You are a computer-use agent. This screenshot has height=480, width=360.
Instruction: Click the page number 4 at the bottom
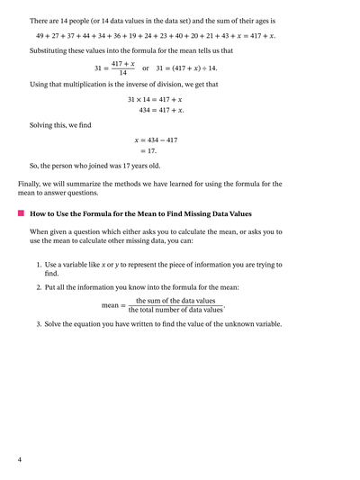[19, 460]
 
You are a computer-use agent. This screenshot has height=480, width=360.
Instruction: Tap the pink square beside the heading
[20, 213]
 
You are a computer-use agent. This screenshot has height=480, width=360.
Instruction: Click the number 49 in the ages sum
[40, 36]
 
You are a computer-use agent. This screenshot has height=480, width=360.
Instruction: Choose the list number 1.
[39, 265]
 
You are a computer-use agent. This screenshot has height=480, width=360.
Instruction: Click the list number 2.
[39, 287]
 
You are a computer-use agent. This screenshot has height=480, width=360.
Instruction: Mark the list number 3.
[39, 324]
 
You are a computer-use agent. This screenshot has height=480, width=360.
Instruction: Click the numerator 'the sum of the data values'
[175, 301]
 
